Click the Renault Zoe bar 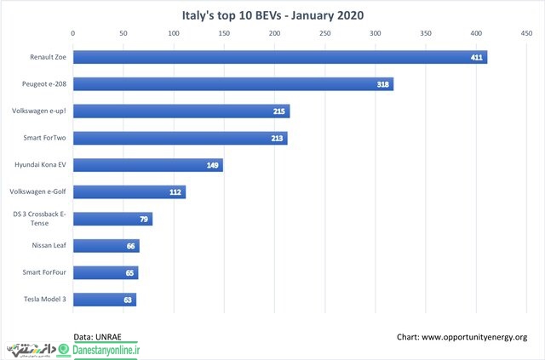tap(280, 57)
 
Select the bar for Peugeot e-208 tap(233, 84)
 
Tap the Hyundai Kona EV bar tap(148, 165)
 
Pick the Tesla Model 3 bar tap(105, 300)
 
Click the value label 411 tap(477, 57)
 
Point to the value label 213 tap(277, 139)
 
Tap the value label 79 tap(144, 219)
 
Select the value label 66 tap(130, 246)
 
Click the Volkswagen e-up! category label tap(39, 111)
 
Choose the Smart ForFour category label tap(44, 272)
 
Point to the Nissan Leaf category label tap(49, 245)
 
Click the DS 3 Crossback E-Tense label tap(39, 219)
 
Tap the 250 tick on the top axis tap(325, 33)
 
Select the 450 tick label tap(526, 33)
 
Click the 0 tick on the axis tap(72, 33)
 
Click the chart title tap(272, 15)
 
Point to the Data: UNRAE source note tap(97, 337)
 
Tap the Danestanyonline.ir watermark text tap(106, 350)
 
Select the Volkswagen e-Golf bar tap(129, 191)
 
